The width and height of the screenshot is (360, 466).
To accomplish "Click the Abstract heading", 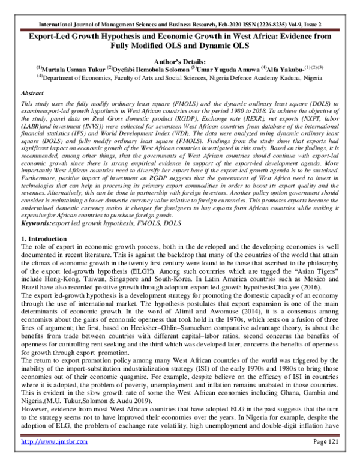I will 32,94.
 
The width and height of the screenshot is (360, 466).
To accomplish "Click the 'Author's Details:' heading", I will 179,61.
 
